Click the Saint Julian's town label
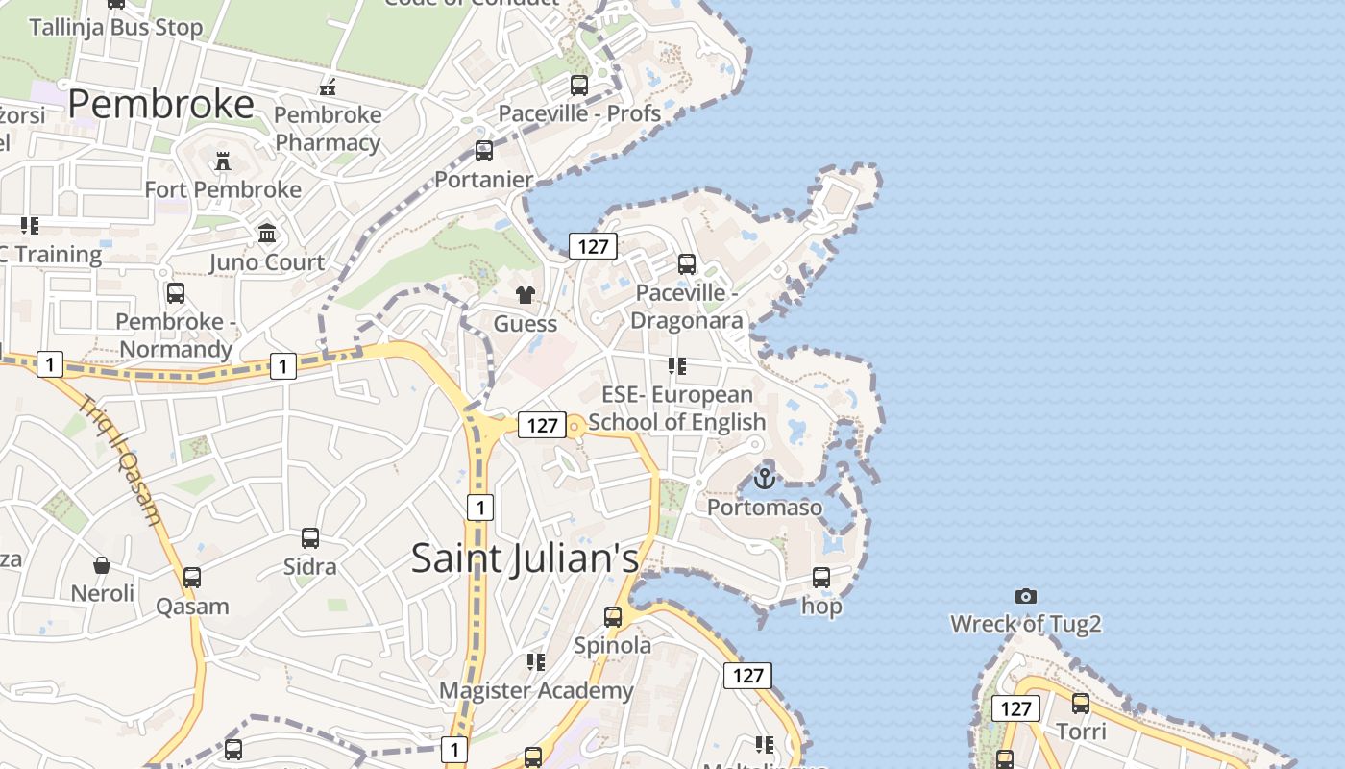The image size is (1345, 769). click(525, 558)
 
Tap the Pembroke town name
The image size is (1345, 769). click(160, 104)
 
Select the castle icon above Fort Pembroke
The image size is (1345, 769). click(223, 161)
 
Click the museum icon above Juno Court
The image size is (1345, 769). click(267, 233)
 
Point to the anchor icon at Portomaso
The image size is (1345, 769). click(765, 478)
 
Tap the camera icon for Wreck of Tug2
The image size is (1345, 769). click(1026, 596)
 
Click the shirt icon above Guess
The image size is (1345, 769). click(525, 294)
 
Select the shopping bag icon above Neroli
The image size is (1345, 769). click(102, 564)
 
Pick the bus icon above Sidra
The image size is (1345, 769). click(309, 537)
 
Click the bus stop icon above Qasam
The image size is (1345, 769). click(192, 578)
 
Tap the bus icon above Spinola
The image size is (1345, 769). click(613, 616)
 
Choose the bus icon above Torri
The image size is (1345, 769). click(1081, 704)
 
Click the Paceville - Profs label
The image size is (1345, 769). click(579, 113)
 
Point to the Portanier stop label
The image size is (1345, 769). click(484, 180)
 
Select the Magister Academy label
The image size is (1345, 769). click(536, 690)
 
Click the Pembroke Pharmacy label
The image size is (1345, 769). click(328, 129)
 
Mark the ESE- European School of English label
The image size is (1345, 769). click(677, 408)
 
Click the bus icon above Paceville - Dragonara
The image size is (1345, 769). click(686, 264)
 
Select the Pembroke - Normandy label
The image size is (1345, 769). click(176, 335)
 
